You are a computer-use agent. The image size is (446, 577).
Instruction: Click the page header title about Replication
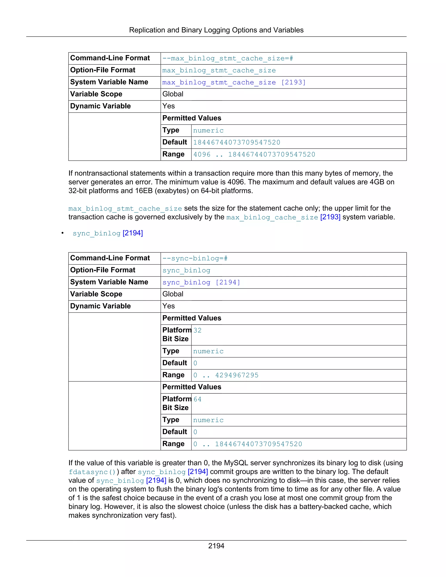(216, 30)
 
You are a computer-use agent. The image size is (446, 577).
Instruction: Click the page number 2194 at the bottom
(216, 546)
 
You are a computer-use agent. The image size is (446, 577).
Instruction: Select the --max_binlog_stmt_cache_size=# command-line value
(228, 58)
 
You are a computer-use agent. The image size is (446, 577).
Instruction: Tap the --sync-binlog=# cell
(195, 258)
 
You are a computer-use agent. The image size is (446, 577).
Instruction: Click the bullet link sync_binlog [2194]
(108, 233)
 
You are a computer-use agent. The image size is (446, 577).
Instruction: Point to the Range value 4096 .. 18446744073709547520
(254, 155)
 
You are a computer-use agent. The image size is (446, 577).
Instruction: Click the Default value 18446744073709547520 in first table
(237, 142)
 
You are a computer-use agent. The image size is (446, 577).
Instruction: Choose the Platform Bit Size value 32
(197, 331)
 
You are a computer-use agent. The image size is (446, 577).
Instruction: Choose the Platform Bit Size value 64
(197, 399)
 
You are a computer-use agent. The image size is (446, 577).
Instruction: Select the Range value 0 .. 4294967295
(226, 375)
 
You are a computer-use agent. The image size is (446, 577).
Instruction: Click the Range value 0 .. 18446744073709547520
(248, 444)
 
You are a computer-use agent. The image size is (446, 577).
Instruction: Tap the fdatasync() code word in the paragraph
(92, 472)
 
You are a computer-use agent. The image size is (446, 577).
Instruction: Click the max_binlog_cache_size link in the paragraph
(272, 218)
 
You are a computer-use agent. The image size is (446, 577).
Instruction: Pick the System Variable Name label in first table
(109, 82)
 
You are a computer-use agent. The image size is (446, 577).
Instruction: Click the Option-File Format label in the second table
(103, 270)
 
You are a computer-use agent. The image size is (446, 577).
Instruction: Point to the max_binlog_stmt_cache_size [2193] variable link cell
(234, 83)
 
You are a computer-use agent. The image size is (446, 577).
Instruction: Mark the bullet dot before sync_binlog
(63, 233)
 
